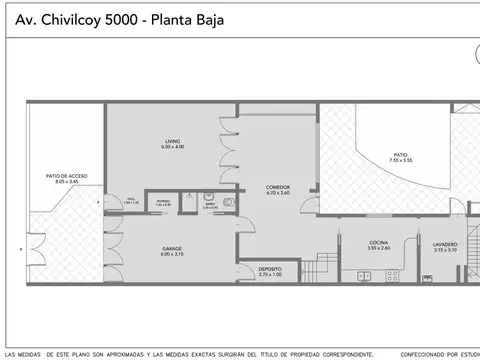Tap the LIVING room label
pos(173,141)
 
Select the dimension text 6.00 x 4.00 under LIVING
pos(173,148)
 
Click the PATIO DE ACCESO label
pos(66,175)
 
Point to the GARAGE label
pos(172,248)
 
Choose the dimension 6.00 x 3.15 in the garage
pos(172,255)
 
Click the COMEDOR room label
pos(278,186)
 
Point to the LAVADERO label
pos(446,243)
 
